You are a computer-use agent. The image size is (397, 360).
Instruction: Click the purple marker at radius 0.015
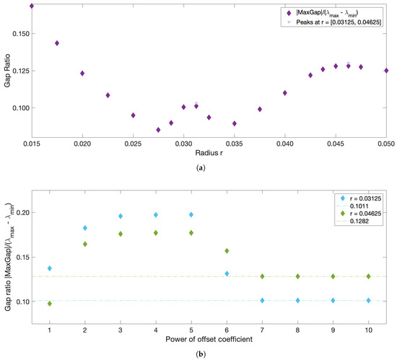(32, 6)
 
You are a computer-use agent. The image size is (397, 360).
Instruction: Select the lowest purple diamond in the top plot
(158, 130)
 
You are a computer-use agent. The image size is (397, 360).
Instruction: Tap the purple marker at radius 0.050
(386, 71)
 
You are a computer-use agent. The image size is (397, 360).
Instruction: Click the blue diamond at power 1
(50, 268)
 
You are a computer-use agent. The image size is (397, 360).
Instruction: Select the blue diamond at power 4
(155, 215)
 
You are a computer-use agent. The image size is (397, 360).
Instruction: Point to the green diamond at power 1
(50, 304)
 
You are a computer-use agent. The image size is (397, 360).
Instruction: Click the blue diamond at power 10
(369, 300)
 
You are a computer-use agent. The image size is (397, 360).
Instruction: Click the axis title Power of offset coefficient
(209, 339)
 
